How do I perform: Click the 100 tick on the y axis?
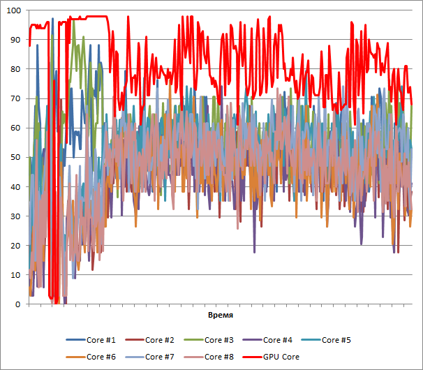pos(14,10)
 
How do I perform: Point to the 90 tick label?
pos(16,40)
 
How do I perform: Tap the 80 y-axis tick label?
pos(16,69)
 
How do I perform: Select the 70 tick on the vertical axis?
pos(16,98)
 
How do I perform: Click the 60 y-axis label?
pos(16,128)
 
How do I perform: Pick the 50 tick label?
pos(16,157)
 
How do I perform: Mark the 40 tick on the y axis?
pos(16,186)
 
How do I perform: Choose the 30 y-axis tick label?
pos(16,216)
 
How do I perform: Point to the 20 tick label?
pos(16,246)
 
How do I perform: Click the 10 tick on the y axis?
pos(16,275)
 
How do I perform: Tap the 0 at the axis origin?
pos(18,304)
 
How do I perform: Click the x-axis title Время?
pos(221,316)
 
